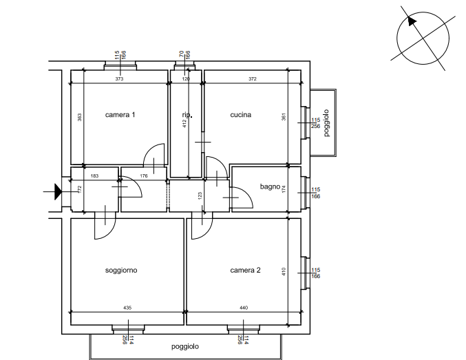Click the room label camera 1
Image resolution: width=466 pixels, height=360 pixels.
pos(120,114)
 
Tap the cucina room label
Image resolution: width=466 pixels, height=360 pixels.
pos(241,115)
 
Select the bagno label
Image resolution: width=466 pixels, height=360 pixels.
pos(269,187)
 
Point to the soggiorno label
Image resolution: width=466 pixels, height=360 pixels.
pos(121,271)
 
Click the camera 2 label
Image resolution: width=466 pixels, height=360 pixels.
pos(246,271)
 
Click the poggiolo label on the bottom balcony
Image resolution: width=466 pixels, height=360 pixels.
pos(185,347)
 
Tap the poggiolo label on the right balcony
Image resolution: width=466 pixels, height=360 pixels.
pos(327,124)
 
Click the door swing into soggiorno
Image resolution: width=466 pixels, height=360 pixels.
pos(105,224)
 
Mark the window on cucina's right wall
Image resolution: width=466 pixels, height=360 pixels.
pos(304,123)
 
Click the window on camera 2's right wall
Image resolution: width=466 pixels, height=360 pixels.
pos(304,272)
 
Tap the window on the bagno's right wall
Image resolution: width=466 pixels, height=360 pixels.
pos(304,195)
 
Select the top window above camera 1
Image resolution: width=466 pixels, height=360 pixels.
pos(120,66)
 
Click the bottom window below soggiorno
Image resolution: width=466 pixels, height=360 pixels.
pos(127,329)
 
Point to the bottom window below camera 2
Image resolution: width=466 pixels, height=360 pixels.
pos(243,329)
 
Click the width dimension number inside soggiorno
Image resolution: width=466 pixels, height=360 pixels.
pos(127,308)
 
